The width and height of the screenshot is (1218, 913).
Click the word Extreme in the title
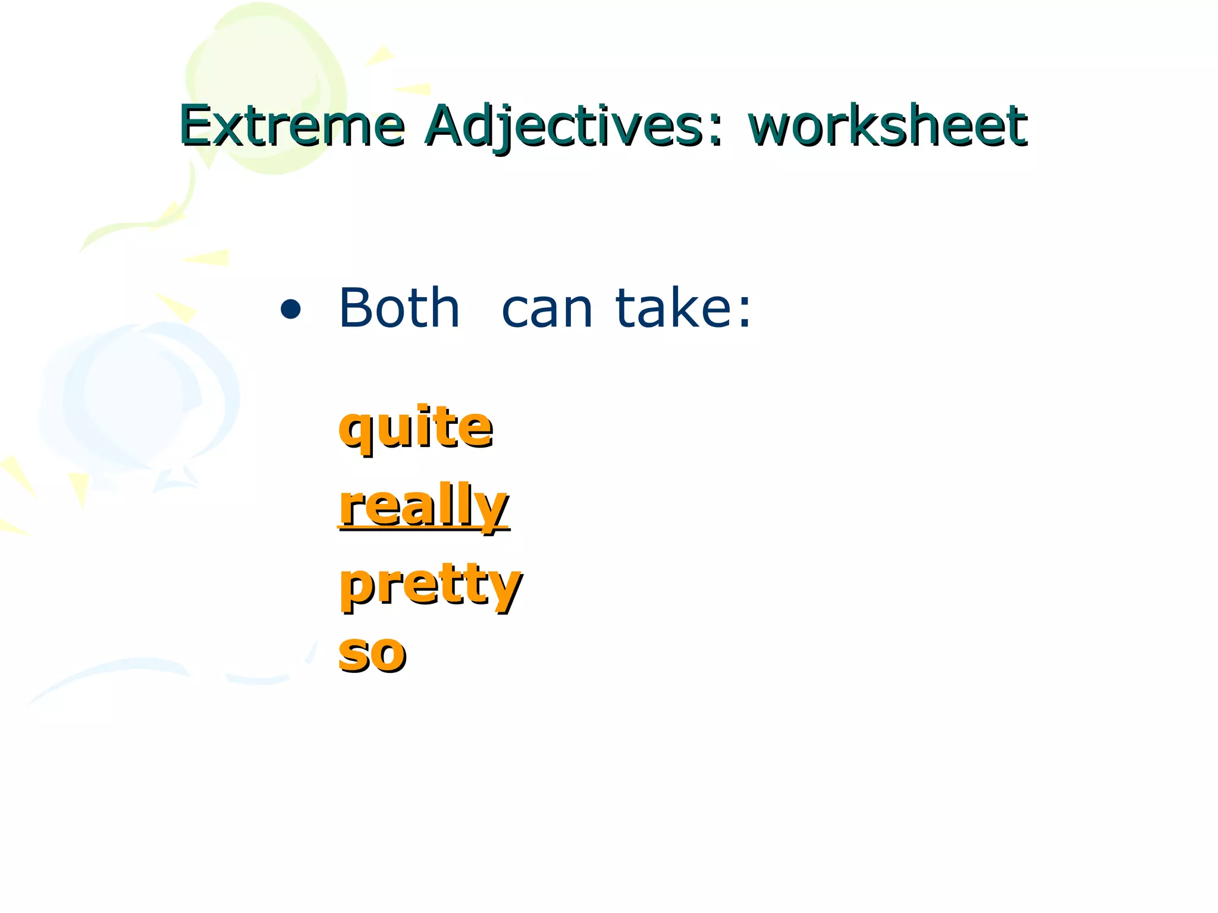[291, 126]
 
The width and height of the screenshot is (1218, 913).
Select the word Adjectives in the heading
[565, 126]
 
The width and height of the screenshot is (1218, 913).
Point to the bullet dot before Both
[290, 310]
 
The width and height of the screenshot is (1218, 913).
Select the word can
[547, 310]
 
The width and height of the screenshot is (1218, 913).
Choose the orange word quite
[415, 427]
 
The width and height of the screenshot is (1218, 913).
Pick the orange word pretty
[431, 585]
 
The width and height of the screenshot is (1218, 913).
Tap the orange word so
[372, 654]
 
